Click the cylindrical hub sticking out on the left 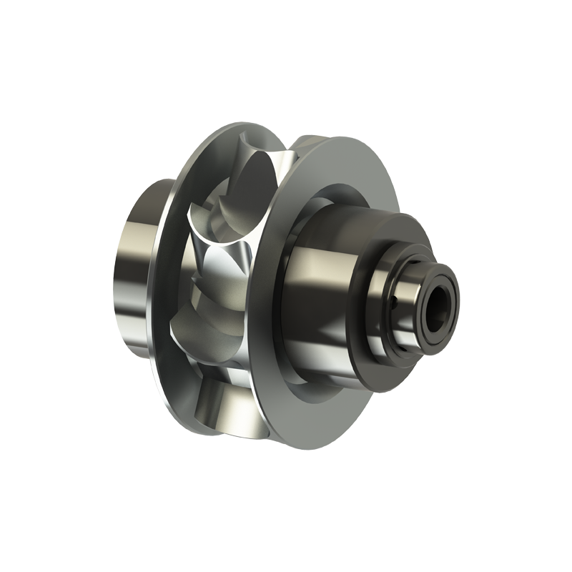tap(136, 272)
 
